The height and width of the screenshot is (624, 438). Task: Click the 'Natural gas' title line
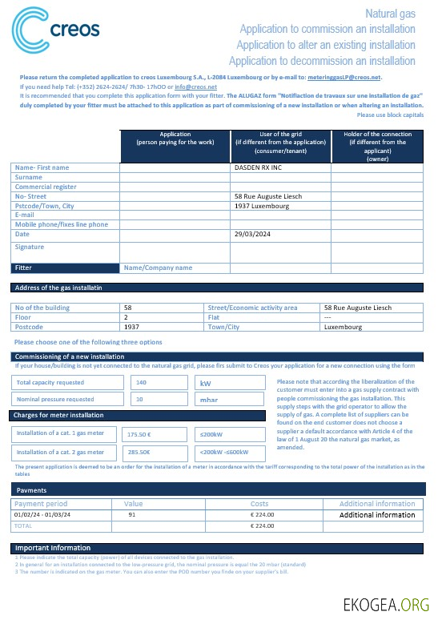pos(390,14)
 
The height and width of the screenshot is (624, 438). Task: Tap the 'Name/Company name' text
pos(158,268)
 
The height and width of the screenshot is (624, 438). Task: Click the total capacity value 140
pos(142,383)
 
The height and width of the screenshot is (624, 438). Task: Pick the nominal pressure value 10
pos(139,398)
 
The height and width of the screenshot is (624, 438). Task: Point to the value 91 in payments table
pos(131,514)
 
